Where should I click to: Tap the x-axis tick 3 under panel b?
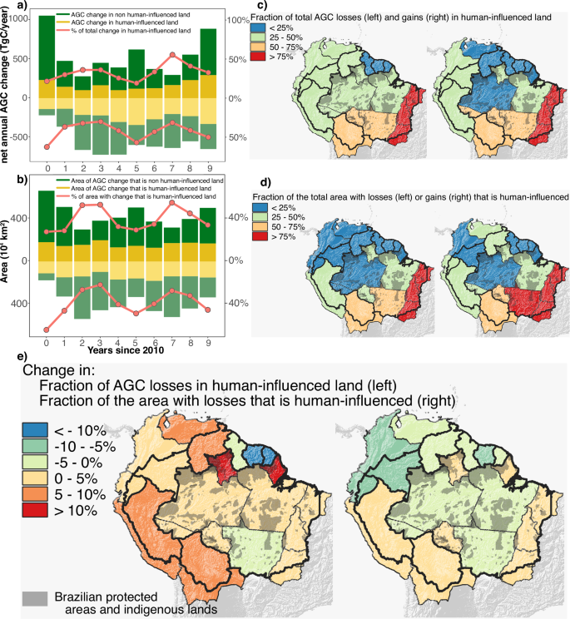point(100,342)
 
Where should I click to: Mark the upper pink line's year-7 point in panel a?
point(172,55)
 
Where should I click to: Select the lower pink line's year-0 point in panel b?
point(47,330)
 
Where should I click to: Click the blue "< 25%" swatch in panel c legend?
point(260,28)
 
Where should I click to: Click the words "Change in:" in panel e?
point(58,369)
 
